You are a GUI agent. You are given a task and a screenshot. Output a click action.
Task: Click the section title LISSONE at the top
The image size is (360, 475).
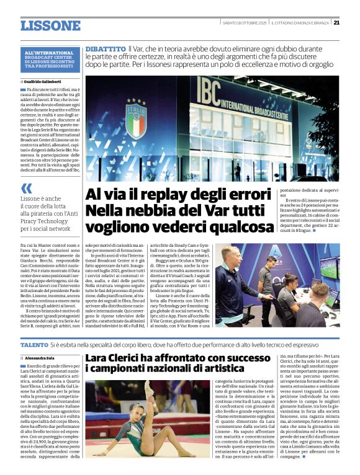pos(50,25)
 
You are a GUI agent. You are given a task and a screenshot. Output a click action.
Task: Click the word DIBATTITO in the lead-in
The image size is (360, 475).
pos(105,48)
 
